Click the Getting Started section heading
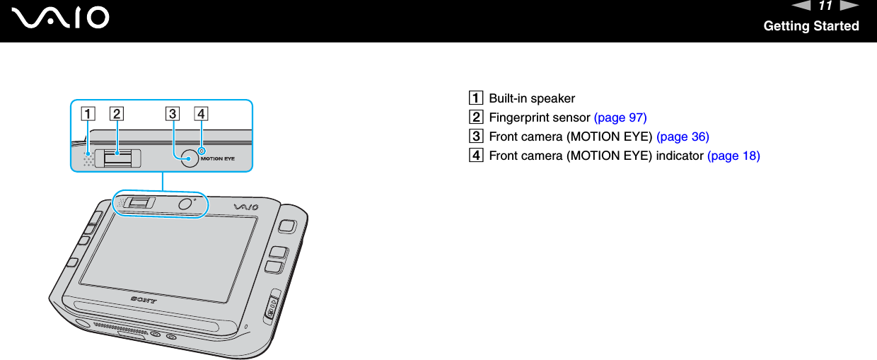tap(811, 26)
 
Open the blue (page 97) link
tap(620, 117)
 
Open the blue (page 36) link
tap(683, 137)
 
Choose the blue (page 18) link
tap(733, 156)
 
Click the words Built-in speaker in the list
tap(532, 98)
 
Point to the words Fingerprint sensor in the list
tap(540, 117)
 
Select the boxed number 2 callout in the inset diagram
tap(117, 112)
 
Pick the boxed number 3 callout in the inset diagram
tap(173, 112)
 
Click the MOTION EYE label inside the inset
tap(218, 158)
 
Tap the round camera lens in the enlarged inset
tap(189, 158)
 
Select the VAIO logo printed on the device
tap(247, 207)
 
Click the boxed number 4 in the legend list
tap(480, 156)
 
